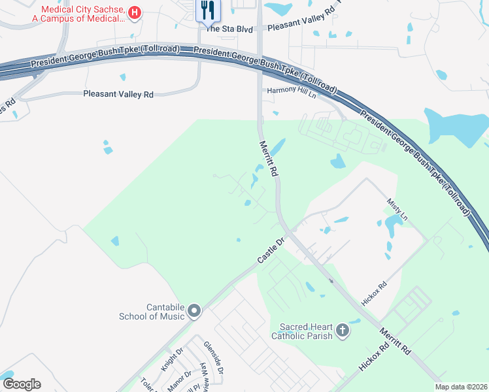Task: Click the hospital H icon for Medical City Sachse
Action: [134, 12]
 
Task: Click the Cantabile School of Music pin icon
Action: [194, 312]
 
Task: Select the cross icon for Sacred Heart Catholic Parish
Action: [342, 331]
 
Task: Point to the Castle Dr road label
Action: [272, 252]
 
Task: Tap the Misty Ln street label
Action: [397, 210]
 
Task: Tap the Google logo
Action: [22, 384]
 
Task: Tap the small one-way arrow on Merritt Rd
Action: [331, 281]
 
